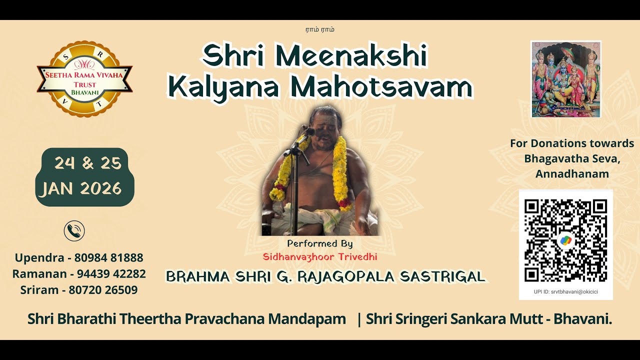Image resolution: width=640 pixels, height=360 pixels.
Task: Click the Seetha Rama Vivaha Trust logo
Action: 84,79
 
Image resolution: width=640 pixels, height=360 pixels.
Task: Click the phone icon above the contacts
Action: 74,231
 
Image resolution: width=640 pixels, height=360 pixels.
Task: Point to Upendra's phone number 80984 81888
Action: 108,258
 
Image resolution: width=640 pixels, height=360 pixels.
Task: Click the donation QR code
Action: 565,240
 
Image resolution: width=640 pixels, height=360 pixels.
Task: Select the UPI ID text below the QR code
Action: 565,291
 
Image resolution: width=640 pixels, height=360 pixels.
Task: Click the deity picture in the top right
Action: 565,79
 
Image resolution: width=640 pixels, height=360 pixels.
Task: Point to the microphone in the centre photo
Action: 307,132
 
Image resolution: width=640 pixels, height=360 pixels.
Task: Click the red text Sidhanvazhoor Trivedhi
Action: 320,256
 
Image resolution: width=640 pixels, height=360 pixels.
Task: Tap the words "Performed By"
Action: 320,244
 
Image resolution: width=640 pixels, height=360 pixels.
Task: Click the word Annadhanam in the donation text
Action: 572,174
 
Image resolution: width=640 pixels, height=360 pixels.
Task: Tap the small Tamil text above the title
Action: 320,29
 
